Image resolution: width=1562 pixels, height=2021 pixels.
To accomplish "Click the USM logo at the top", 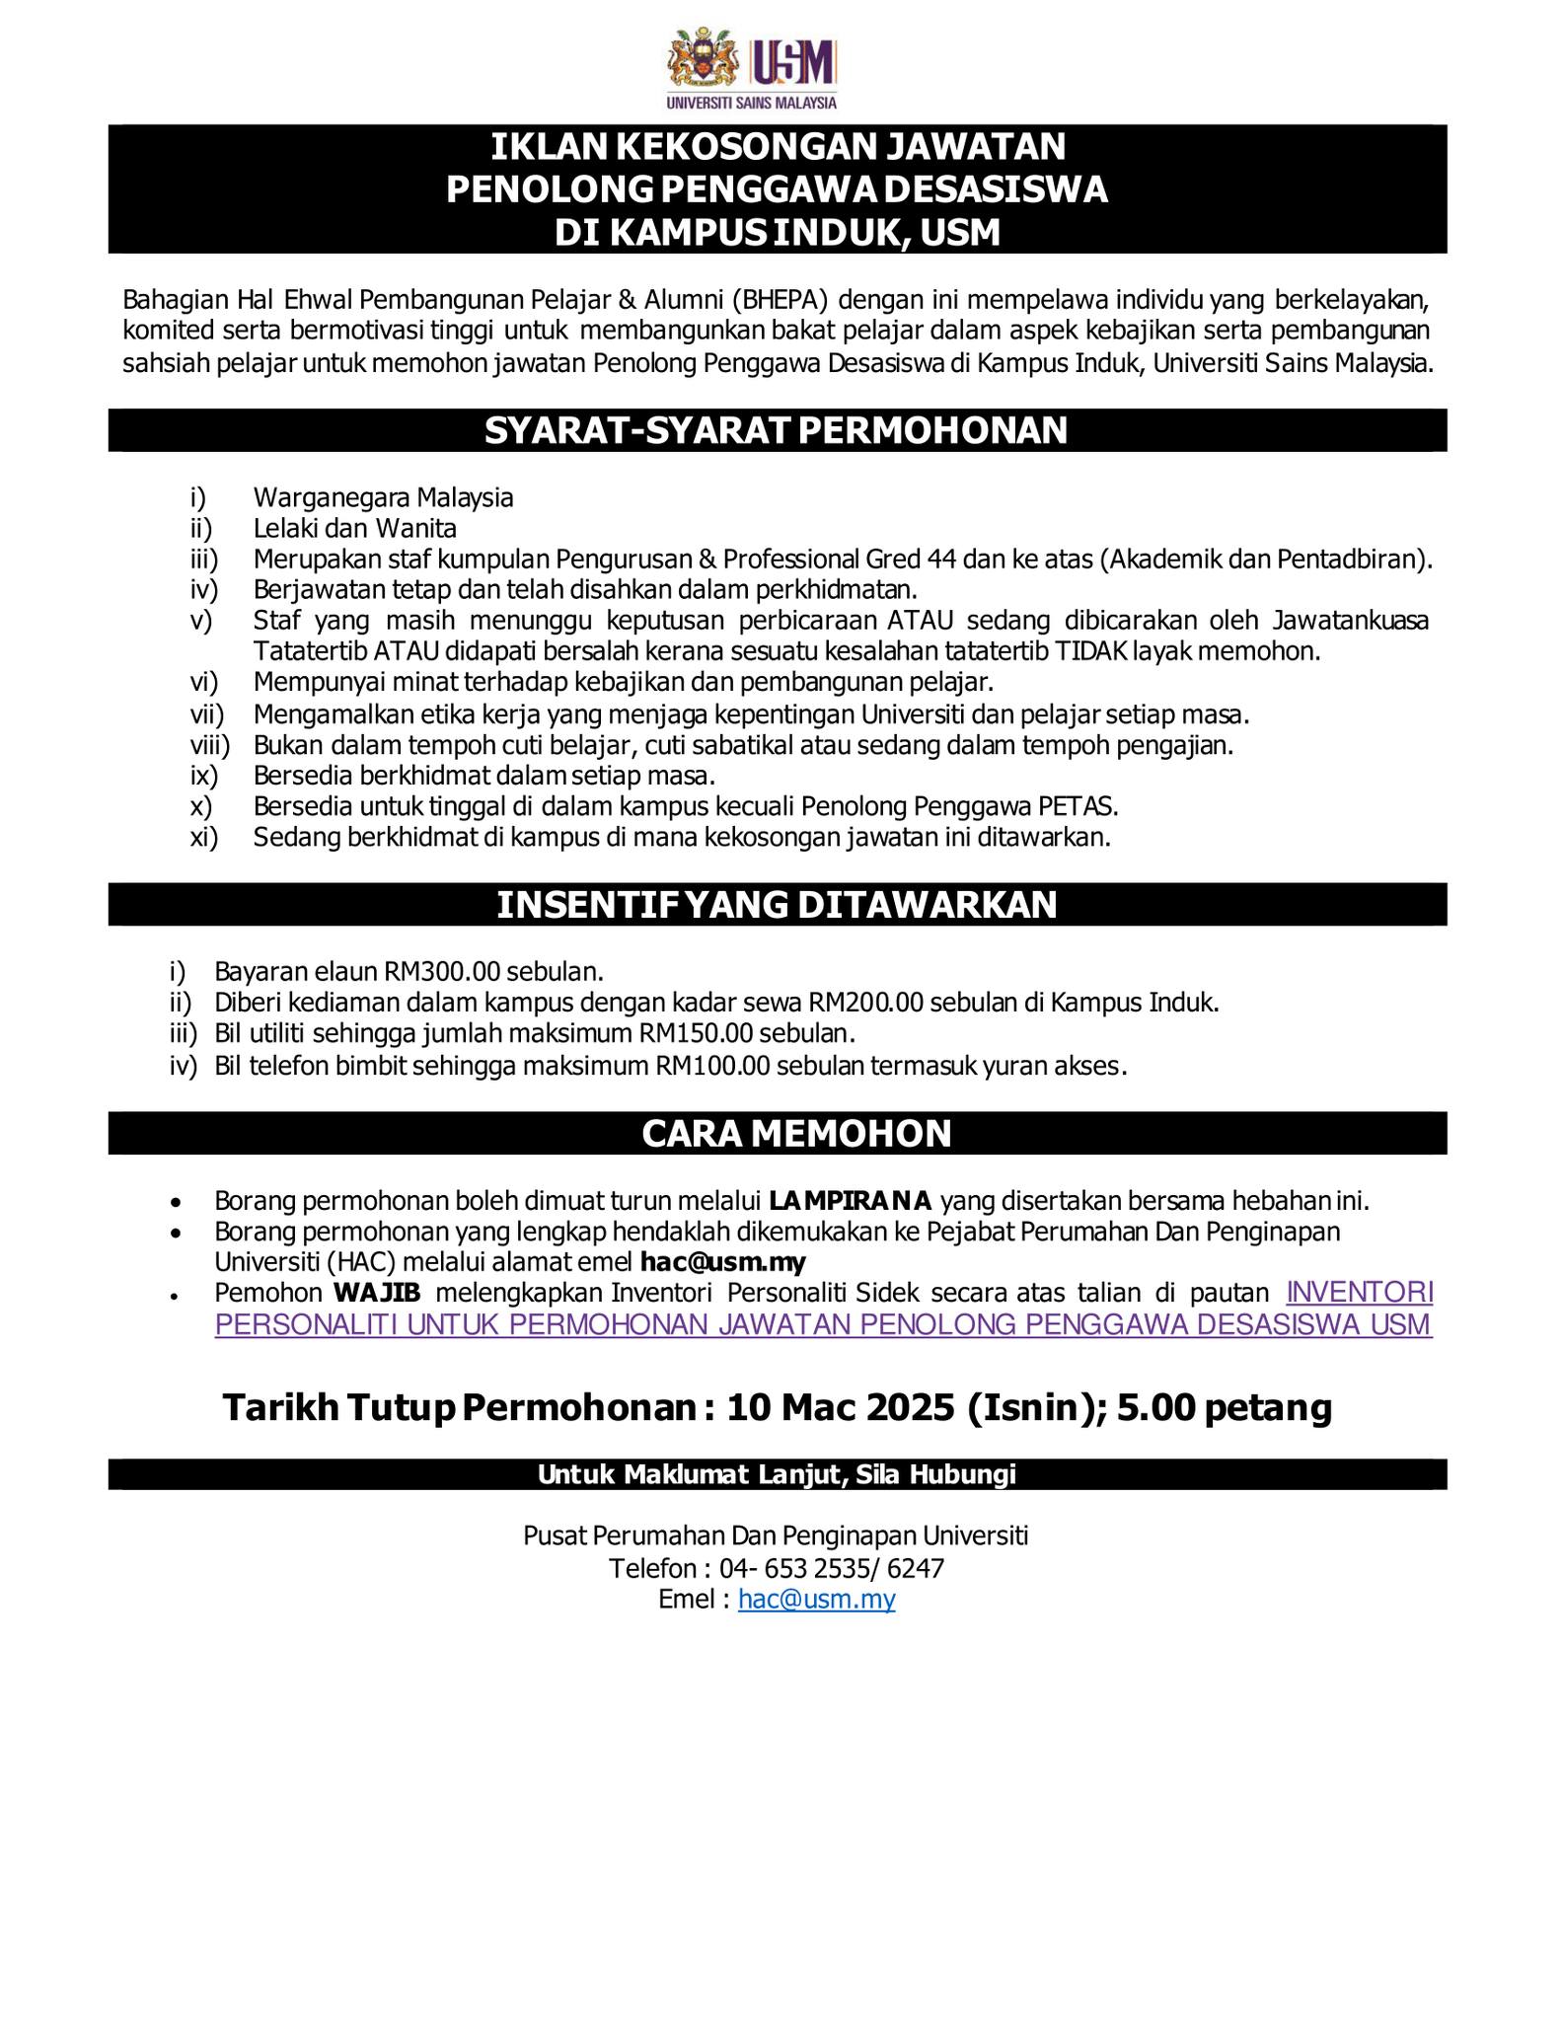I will (752, 68).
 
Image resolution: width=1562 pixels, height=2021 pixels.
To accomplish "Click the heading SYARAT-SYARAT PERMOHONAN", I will (777, 430).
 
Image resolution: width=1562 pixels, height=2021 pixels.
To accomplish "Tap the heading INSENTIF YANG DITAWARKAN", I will (777, 904).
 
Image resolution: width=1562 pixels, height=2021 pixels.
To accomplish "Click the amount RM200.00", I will (865, 1003).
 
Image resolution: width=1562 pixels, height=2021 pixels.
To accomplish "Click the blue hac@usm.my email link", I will (816, 1599).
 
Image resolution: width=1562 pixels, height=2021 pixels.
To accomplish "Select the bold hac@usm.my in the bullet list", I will (722, 1262).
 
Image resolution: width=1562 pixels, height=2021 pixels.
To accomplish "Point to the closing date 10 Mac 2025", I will (840, 1407).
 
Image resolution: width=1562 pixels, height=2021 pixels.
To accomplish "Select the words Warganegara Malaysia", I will (383, 497).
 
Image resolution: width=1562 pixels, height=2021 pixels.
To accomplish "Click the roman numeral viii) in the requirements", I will (209, 744).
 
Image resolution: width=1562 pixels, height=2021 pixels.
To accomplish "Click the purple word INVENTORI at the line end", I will (1361, 1293).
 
